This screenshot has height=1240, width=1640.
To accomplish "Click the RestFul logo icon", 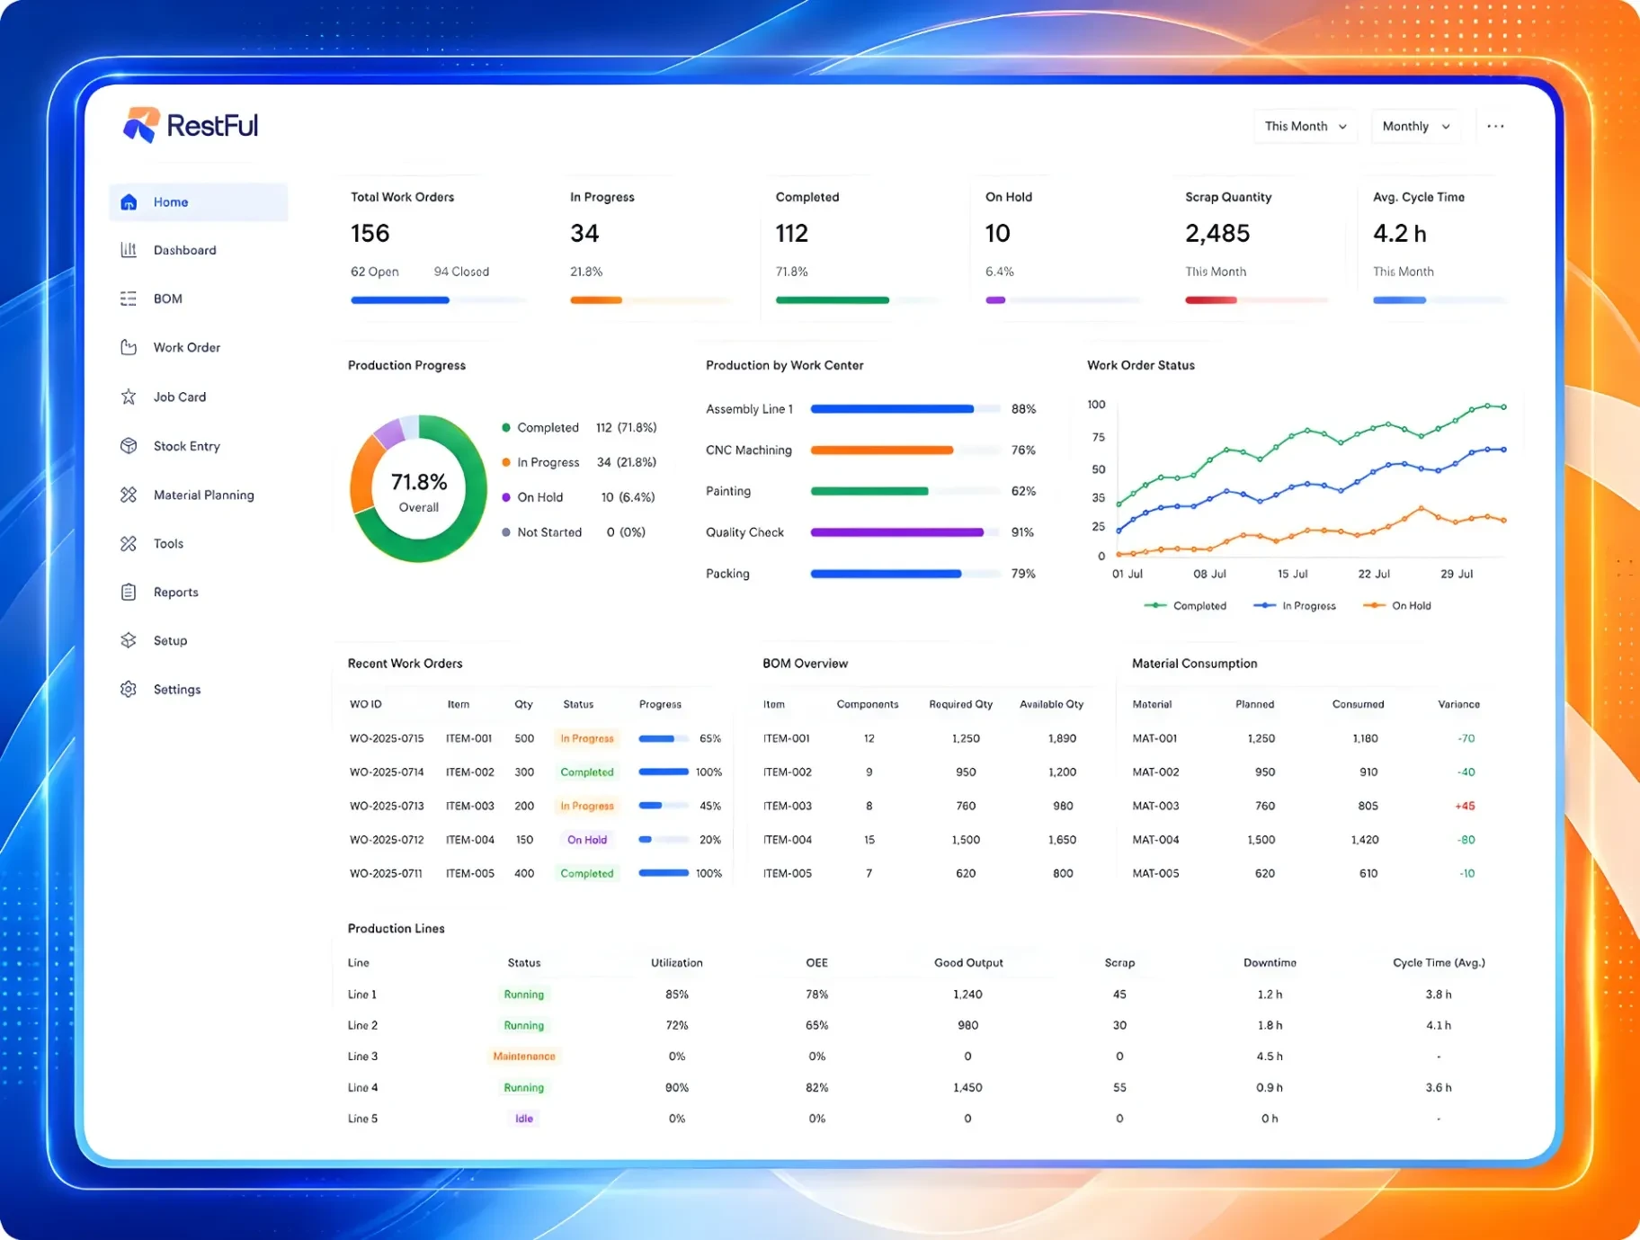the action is [141, 125].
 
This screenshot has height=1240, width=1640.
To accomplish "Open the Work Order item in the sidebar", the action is [186, 348].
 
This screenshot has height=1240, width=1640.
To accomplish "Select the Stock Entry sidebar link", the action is [186, 446].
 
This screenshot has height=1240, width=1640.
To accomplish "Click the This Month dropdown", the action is [1305, 127].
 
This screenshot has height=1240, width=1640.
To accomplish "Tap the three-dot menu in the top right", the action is [1495, 127].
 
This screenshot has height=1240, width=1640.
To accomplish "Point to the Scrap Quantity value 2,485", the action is [1217, 234].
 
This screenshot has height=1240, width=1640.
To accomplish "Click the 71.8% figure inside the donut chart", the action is [419, 482].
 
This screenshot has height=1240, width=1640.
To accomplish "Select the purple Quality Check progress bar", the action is [896, 532].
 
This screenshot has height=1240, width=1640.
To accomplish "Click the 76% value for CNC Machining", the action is [1023, 451].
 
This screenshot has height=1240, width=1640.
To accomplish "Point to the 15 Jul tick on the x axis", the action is [1292, 574].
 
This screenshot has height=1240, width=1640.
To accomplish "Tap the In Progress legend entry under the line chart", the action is [1295, 606].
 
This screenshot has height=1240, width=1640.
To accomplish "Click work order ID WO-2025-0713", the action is [387, 807].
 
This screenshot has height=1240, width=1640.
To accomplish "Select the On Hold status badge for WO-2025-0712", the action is [587, 840].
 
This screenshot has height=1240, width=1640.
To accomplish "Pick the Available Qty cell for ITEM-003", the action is [1063, 807].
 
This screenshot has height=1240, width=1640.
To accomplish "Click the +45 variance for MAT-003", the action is [1465, 807].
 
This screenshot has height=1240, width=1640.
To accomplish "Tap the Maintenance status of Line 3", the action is [524, 1057].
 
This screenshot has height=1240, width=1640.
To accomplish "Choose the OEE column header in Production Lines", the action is [816, 963].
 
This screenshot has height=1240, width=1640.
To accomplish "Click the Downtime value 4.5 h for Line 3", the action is [1270, 1057].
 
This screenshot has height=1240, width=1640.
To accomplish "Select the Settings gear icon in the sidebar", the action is [129, 690].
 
